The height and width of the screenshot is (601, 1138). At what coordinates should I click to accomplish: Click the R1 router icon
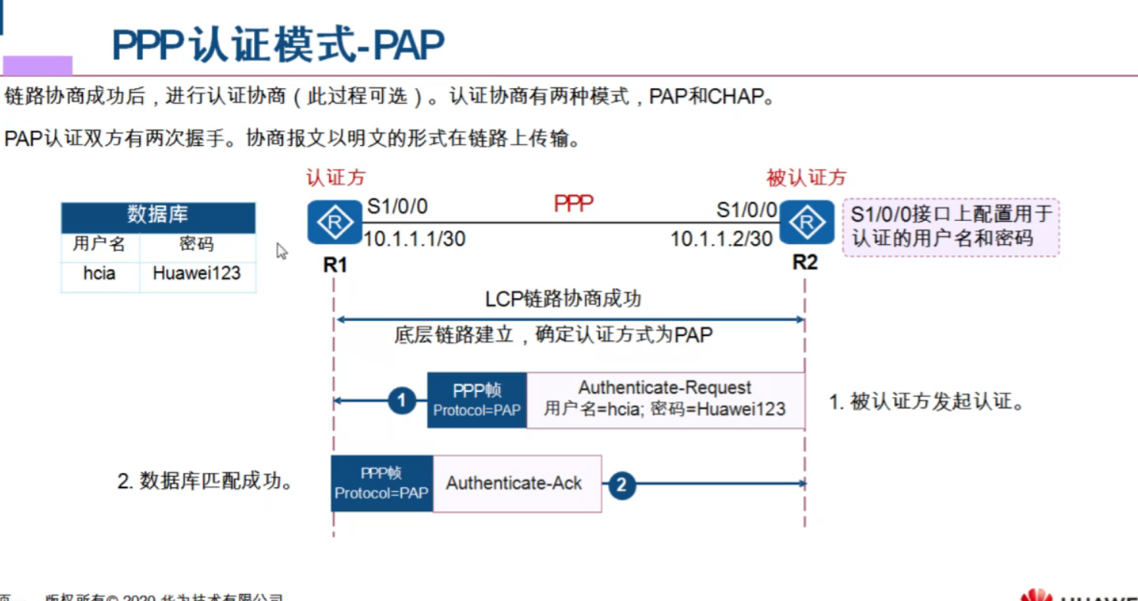[335, 223]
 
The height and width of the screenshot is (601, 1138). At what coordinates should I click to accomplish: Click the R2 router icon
[806, 223]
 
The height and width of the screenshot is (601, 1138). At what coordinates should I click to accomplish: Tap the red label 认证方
[335, 178]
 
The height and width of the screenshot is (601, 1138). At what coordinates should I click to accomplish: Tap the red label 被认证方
[806, 178]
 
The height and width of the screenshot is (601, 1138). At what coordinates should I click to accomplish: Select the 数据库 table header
[158, 216]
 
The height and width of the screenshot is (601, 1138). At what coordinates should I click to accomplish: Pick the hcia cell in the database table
[100, 273]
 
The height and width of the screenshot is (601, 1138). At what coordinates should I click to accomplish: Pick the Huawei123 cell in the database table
[196, 273]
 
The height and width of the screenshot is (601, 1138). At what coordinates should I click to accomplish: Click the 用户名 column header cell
[100, 245]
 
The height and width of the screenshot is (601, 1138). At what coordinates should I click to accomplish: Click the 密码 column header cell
[196, 245]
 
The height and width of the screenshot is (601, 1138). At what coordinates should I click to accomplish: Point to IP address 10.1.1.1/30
[414, 239]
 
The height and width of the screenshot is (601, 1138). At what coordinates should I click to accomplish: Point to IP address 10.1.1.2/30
[721, 239]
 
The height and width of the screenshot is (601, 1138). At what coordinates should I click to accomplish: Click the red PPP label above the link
[573, 204]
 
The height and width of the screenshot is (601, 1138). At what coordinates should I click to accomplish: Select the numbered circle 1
[401, 400]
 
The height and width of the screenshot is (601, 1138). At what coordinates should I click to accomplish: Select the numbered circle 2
[621, 484]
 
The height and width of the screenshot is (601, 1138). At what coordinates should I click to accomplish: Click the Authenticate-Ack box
[515, 484]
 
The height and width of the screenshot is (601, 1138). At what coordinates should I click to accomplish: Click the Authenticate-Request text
[665, 388]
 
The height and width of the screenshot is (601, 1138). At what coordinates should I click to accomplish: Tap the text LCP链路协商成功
[562, 299]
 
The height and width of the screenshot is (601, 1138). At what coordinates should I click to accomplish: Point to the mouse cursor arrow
[282, 251]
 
